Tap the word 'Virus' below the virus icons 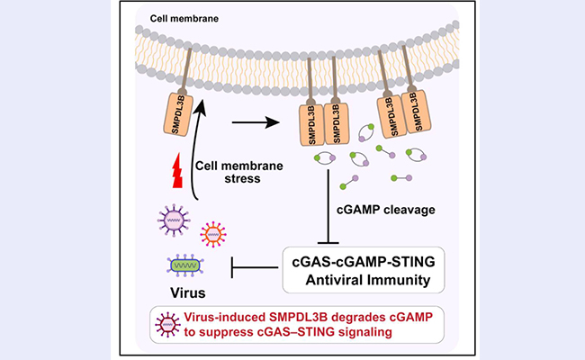(190, 292)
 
